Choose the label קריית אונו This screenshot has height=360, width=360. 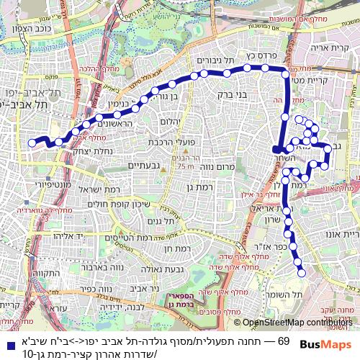[x=343, y=234]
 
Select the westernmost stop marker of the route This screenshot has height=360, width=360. [x=32, y=143]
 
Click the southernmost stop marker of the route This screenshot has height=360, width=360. [x=302, y=272]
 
